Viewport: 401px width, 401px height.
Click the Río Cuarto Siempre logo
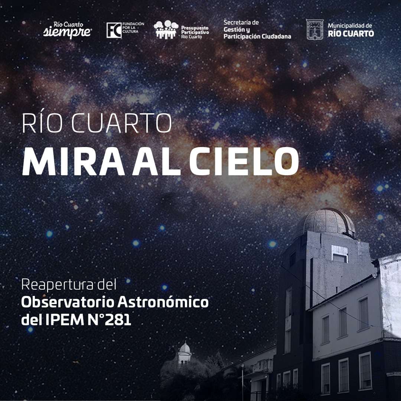coord(67,30)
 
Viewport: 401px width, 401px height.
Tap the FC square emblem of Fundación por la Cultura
coord(114,30)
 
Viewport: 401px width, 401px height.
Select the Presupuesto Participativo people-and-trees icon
coord(166,30)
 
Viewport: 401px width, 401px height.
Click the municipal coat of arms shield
coord(314,30)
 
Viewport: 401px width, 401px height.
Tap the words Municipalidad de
coord(350,26)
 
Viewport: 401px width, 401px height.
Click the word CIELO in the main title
coord(244,162)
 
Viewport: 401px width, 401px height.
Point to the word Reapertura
coord(58,285)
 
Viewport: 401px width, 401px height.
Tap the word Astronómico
coord(163,302)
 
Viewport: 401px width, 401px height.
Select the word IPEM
coord(65,320)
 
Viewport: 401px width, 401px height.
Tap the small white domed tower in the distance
coord(185,353)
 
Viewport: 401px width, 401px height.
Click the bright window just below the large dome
coord(340,254)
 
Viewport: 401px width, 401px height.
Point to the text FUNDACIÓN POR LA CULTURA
coord(133,27)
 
